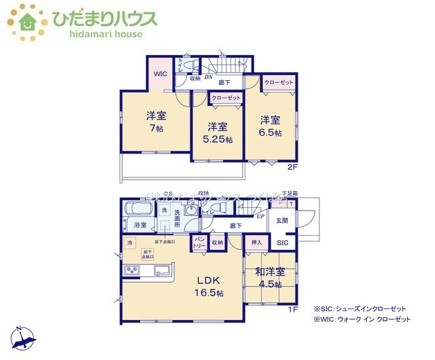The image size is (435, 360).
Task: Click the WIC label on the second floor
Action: click(x=160, y=73)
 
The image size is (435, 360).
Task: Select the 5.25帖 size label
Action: click(x=218, y=139)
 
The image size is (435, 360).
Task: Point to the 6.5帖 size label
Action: click(x=270, y=132)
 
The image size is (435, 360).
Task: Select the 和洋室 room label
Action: click(x=270, y=272)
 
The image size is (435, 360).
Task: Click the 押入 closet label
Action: click(x=257, y=241)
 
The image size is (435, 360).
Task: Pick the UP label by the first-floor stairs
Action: click(x=260, y=216)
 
